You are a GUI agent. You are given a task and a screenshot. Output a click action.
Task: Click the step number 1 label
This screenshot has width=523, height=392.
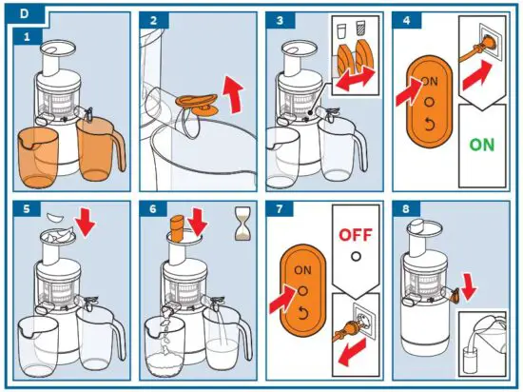point(27,36)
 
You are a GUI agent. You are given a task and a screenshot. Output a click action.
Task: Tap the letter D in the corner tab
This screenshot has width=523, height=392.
point(25,14)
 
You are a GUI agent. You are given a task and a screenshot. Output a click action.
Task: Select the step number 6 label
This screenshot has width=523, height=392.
point(153,209)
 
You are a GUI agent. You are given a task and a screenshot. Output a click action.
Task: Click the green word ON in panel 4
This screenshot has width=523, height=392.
point(482,145)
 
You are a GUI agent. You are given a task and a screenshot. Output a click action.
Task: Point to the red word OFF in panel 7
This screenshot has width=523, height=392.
point(356,235)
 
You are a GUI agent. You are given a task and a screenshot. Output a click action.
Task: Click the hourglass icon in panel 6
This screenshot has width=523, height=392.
point(242,224)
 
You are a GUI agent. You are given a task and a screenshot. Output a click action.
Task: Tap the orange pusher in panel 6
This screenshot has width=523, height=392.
point(178,228)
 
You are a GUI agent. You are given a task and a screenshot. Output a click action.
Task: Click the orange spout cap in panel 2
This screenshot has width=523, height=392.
point(197,104)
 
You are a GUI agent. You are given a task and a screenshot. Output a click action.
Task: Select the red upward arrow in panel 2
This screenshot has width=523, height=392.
point(233,94)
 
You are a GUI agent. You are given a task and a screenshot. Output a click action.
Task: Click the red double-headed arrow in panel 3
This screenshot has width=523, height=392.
point(356,78)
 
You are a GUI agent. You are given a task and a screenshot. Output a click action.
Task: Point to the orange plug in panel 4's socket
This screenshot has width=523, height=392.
point(479,49)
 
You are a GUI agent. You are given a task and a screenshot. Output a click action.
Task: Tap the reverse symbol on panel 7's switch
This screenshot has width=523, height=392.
point(302,313)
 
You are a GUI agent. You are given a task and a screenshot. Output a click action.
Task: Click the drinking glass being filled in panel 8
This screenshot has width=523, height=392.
point(470,361)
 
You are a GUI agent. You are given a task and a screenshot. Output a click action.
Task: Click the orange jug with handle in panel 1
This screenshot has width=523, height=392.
point(100,148)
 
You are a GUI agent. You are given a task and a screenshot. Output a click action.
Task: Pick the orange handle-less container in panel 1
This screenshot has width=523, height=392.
point(37,158)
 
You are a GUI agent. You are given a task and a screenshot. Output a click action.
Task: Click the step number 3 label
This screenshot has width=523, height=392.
point(280,20)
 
